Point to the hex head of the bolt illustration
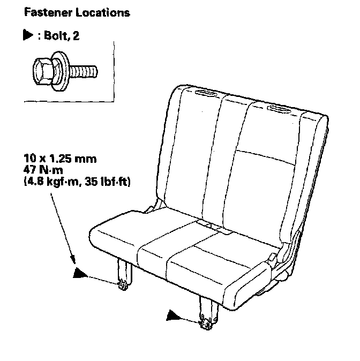pos(41,69)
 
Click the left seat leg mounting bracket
pos(123,279)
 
